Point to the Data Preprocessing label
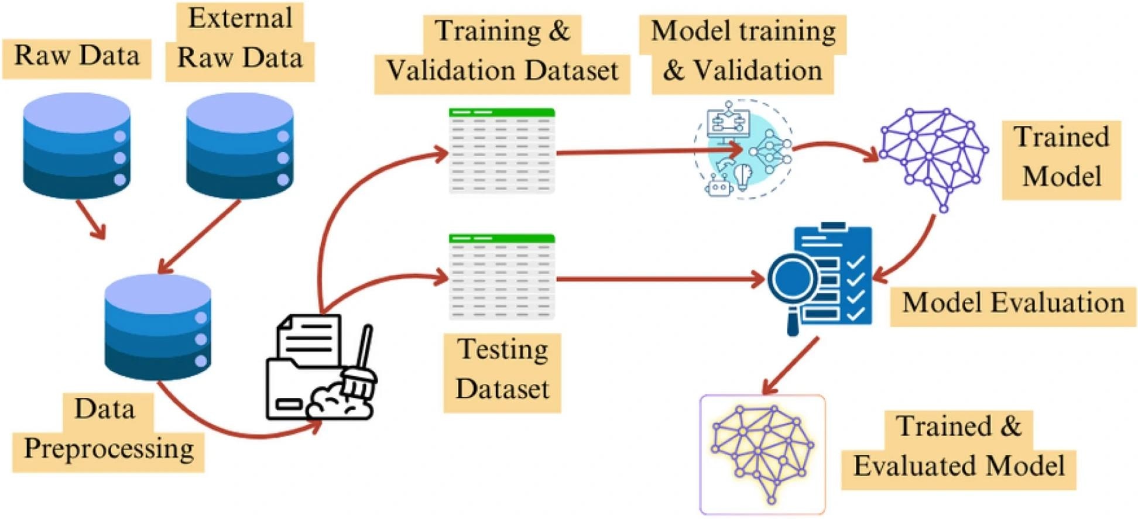point(108,431)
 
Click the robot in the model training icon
point(719,186)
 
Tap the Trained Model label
point(1061,158)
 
